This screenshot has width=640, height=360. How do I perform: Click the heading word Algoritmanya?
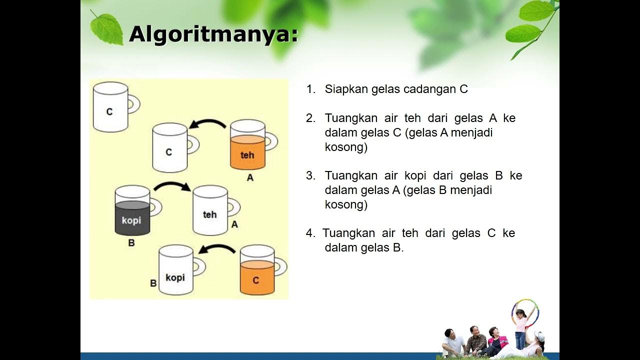pyautogui.click(x=213, y=34)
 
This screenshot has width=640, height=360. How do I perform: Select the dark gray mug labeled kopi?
pyautogui.click(x=132, y=211)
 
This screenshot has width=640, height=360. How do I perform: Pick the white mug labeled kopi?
pyautogui.click(x=175, y=270)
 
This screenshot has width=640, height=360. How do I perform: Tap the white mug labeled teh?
pyautogui.click(x=210, y=210)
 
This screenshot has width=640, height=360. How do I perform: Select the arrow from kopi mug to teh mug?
pyautogui.click(x=172, y=186)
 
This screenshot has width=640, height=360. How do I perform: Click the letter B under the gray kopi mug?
pyautogui.click(x=131, y=243)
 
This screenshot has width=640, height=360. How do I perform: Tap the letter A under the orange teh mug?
pyautogui.click(x=250, y=177)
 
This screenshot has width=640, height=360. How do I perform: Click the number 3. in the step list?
pyautogui.click(x=311, y=176)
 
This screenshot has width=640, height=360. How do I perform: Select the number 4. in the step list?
pyautogui.click(x=311, y=233)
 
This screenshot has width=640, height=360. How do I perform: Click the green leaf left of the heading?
pyautogui.click(x=106, y=28)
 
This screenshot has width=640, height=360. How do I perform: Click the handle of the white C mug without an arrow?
pyautogui.click(x=133, y=104)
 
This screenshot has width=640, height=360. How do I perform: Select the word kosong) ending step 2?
pyautogui.click(x=346, y=147)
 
